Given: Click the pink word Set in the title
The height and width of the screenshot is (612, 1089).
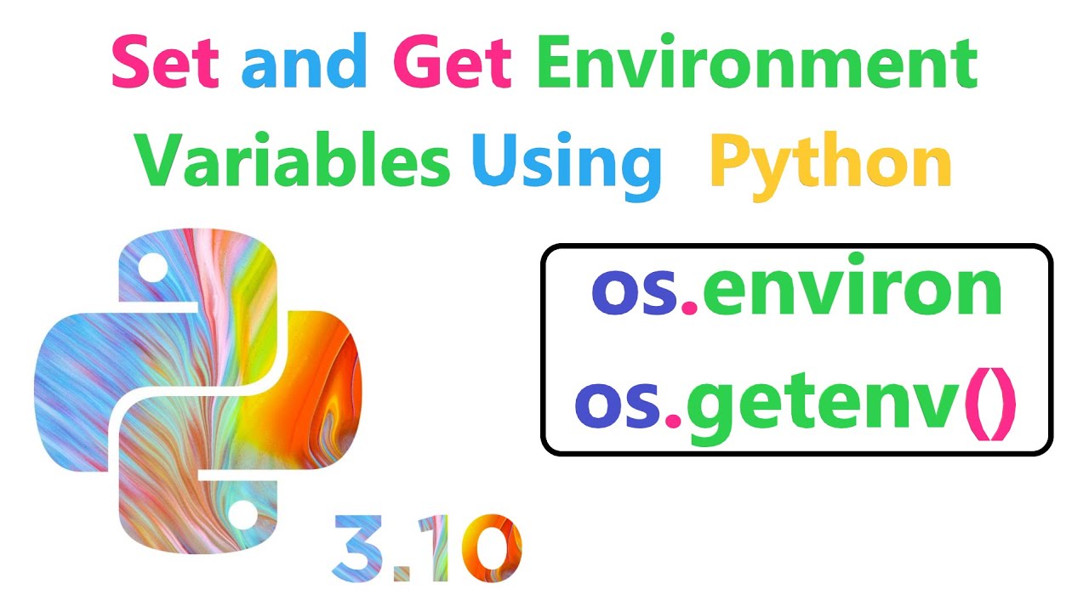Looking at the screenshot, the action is pyautogui.click(x=165, y=62).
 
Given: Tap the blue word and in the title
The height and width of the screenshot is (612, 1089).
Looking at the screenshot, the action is pyautogui.click(x=304, y=60).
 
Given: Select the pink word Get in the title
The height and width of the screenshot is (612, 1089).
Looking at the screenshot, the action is pyautogui.click(x=452, y=62).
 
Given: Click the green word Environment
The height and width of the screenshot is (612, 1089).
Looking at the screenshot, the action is pyautogui.click(x=757, y=60).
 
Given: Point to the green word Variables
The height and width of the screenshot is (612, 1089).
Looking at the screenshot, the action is pyautogui.click(x=292, y=159).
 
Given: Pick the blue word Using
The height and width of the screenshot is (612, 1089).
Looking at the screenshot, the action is pyautogui.click(x=567, y=166).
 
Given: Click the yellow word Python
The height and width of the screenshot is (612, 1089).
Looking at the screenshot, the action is pyautogui.click(x=830, y=166).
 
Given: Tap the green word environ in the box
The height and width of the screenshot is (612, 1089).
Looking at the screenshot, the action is pyautogui.click(x=852, y=287).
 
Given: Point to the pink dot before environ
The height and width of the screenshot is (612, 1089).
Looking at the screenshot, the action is pyautogui.click(x=689, y=308).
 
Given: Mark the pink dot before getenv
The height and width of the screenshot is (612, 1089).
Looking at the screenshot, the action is pyautogui.click(x=673, y=420).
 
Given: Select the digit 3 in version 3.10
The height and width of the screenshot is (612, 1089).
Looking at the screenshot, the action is pyautogui.click(x=357, y=548).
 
